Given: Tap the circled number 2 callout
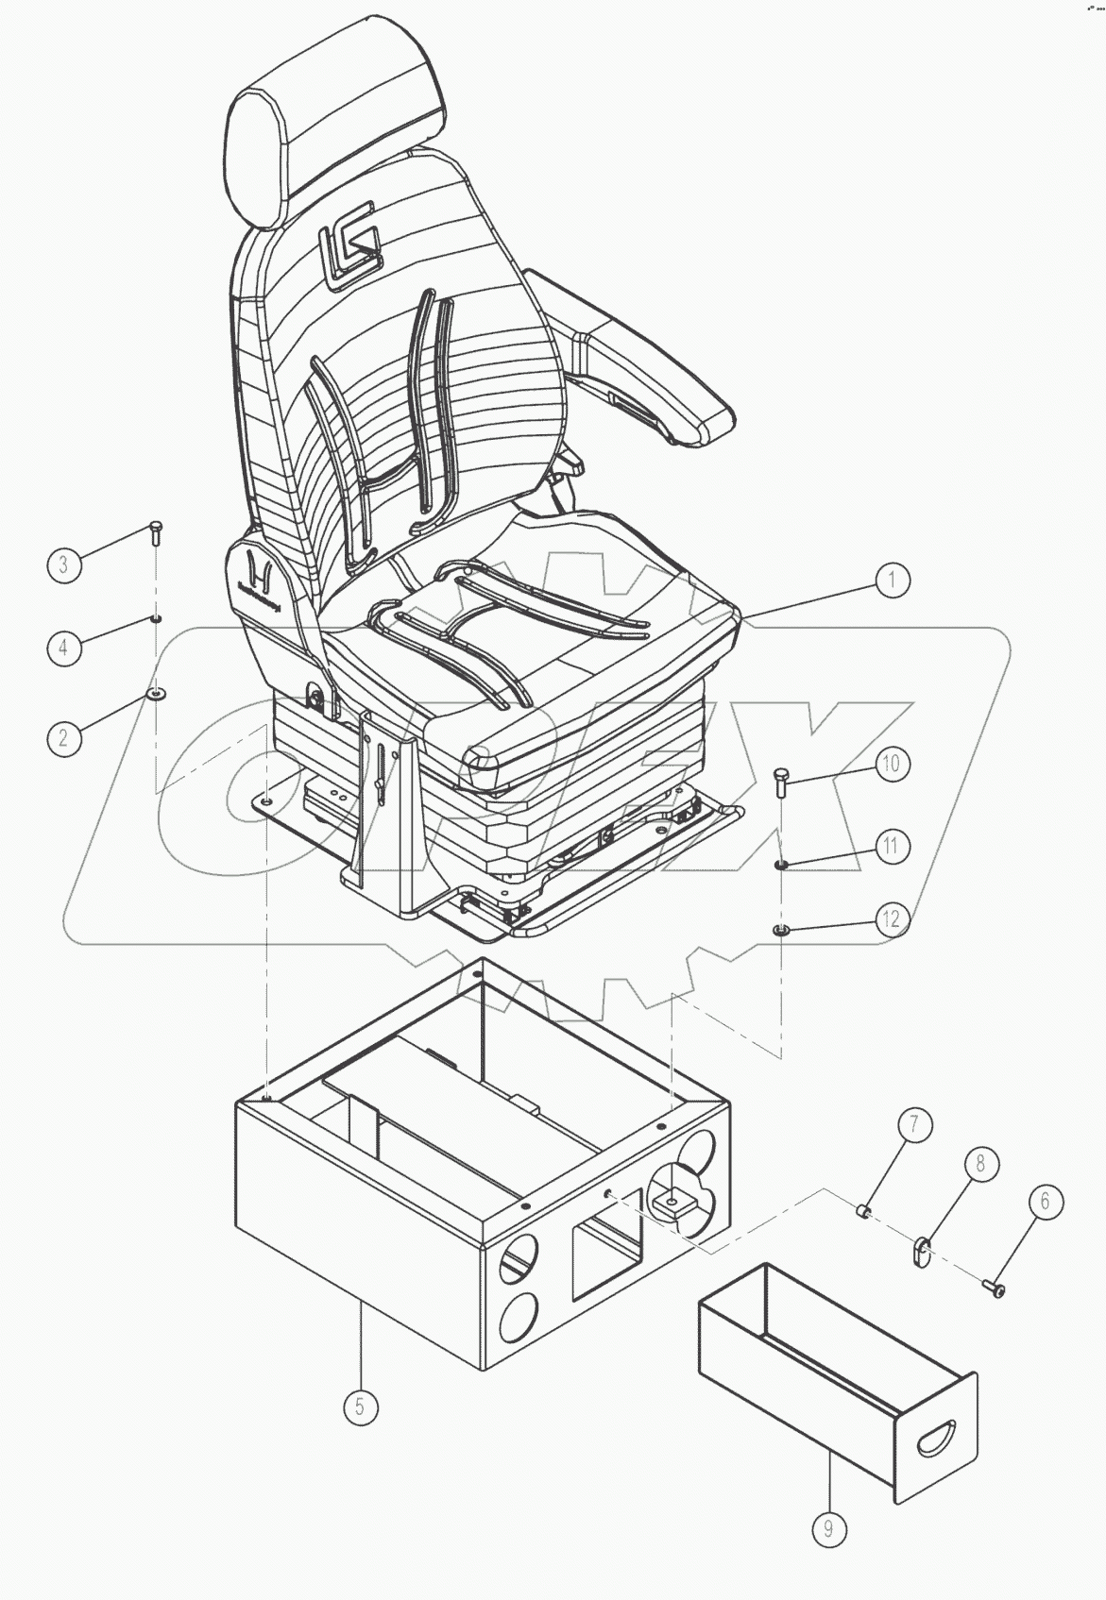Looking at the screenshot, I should click(x=63, y=735).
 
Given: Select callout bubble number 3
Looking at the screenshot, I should click(x=63, y=565).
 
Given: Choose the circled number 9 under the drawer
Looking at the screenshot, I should click(x=828, y=1528).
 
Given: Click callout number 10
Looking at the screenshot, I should click(x=892, y=764).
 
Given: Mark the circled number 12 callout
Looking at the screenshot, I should click(x=892, y=919).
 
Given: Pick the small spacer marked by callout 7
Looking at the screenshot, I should click(x=862, y=1210).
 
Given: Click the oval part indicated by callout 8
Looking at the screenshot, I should click(x=921, y=1253).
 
